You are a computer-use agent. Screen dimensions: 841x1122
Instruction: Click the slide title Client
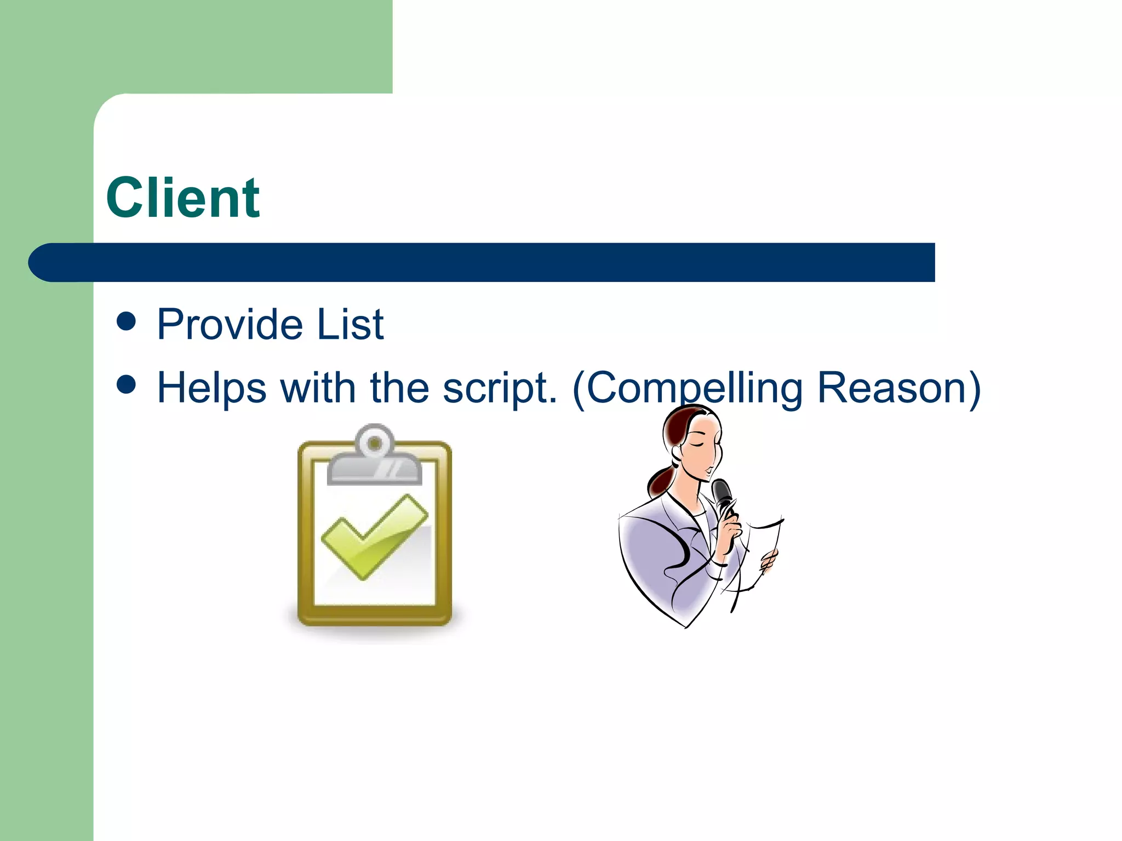[182, 198]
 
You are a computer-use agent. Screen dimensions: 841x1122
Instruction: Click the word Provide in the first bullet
[229, 325]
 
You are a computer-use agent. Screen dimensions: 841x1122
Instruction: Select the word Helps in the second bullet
[212, 388]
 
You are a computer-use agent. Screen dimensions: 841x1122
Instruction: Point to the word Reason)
[898, 388]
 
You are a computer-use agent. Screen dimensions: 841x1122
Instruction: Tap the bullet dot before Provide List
[126, 321]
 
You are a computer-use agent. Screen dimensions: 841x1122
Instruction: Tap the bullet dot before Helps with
[126, 384]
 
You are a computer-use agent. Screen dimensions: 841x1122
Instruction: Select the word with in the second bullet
[318, 388]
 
